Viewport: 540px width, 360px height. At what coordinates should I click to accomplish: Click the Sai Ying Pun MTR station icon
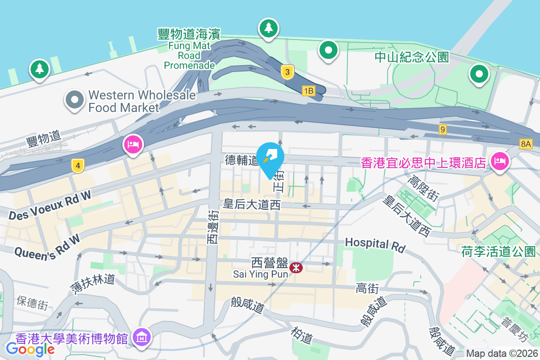point(296,268)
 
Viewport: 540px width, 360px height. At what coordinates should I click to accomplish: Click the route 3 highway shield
point(288,72)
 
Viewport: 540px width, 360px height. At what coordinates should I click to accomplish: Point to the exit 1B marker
point(308,91)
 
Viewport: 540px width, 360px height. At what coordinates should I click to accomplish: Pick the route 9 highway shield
point(443,130)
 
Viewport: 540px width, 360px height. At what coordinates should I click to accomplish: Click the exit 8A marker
point(525,144)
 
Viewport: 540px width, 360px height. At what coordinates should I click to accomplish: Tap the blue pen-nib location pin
point(272,156)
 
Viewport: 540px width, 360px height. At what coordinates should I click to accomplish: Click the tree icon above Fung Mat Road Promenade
point(269,28)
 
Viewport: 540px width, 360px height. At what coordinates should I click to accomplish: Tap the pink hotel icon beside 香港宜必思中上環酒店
point(499,160)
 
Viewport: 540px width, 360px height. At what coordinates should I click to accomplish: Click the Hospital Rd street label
point(375,245)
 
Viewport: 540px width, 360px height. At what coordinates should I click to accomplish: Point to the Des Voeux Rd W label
point(49,205)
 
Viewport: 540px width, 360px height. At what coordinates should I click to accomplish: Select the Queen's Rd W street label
point(47,246)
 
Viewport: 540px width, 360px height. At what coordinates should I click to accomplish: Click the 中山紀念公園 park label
point(412,57)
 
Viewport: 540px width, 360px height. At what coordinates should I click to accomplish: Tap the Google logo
point(30,348)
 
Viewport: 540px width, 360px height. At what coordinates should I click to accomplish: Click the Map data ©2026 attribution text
point(501,353)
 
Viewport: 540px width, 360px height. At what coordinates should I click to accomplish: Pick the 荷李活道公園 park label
point(498,251)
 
